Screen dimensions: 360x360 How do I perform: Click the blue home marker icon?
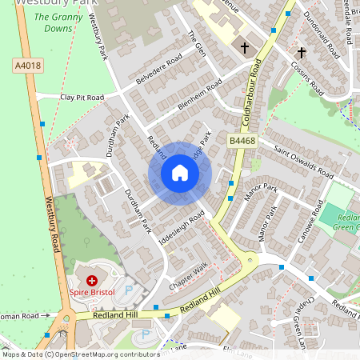[x=180, y=173]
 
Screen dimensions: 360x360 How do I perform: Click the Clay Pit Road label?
[x=82, y=98]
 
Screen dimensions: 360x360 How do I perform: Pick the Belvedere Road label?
[x=158, y=65]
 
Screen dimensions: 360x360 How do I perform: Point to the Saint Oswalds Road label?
[x=303, y=160]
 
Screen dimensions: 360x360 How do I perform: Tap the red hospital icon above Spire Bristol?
[x=92, y=281]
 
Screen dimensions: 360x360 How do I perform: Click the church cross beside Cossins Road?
[x=302, y=53]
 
